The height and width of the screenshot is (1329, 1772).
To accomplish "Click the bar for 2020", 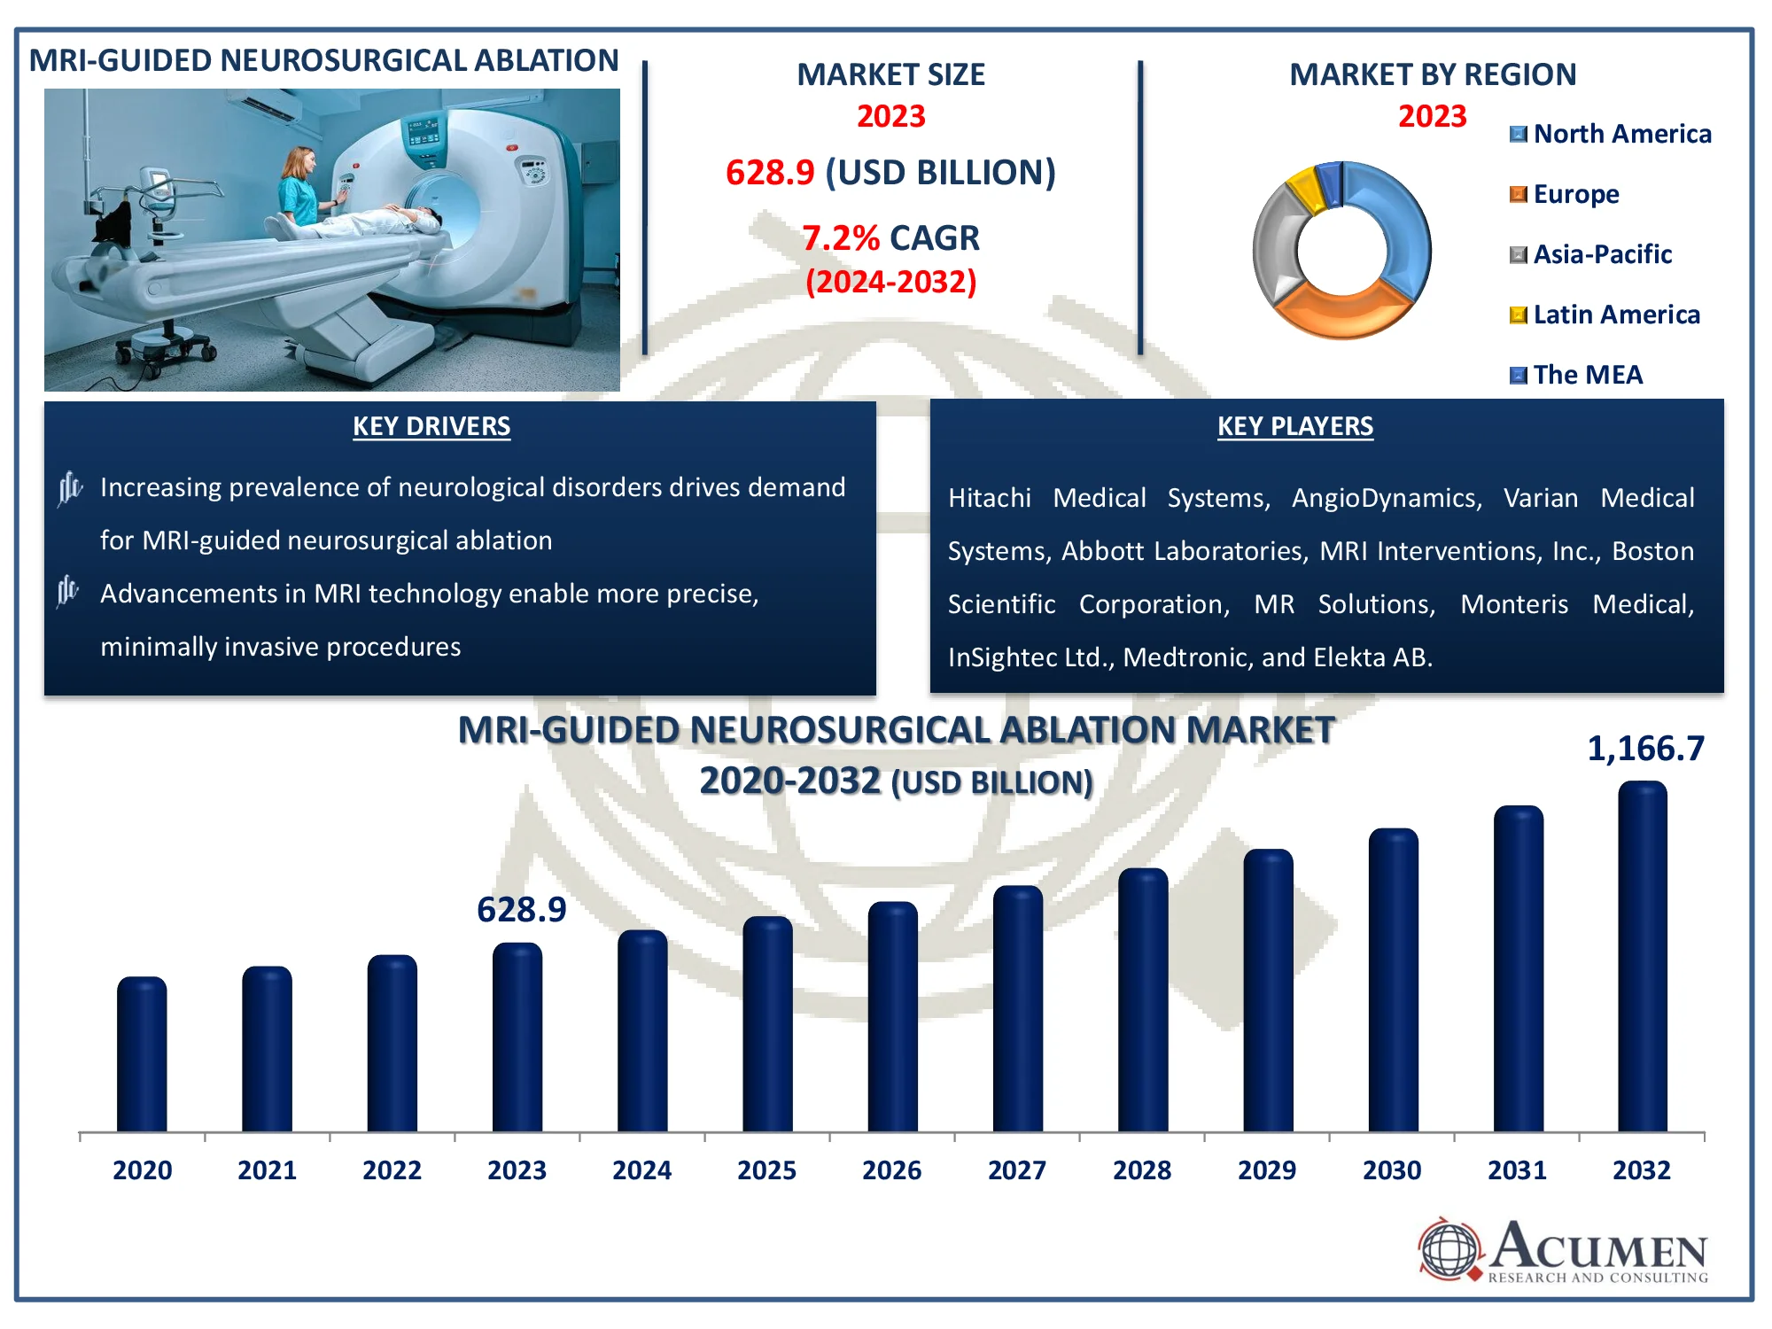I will [x=142, y=1054].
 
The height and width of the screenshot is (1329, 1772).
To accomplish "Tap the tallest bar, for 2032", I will [x=1642, y=957].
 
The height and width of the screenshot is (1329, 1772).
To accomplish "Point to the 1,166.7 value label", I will [x=1644, y=750].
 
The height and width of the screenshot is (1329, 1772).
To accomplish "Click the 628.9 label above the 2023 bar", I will [x=521, y=910].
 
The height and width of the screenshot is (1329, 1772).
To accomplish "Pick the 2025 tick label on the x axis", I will [x=766, y=1170].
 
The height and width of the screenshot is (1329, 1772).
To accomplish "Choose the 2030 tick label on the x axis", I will [x=1392, y=1170].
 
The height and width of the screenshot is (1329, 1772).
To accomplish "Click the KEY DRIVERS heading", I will [x=431, y=426].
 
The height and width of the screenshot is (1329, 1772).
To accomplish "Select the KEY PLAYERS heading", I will [x=1294, y=426].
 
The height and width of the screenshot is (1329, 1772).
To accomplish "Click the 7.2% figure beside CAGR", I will [x=840, y=238].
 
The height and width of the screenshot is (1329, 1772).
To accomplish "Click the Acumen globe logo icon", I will [x=1449, y=1249].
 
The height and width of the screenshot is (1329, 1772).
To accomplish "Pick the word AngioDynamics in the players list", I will [x=1387, y=498].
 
